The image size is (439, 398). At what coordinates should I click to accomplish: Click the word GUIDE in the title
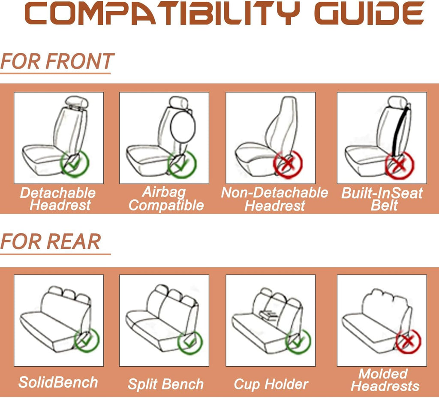pyautogui.click(x=369, y=13)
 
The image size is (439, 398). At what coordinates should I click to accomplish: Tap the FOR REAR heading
pyautogui.click(x=51, y=241)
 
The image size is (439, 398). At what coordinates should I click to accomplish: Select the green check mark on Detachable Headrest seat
pyautogui.click(x=75, y=163)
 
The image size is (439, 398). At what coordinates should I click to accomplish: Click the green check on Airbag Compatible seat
pyautogui.click(x=182, y=164)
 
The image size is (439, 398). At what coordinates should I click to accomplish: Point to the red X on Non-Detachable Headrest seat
pyautogui.click(x=288, y=165)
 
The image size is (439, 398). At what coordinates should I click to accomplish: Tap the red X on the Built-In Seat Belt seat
pyautogui.click(x=399, y=165)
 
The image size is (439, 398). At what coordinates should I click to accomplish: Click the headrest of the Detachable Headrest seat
pyautogui.click(x=76, y=102)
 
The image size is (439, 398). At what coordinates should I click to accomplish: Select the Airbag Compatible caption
pyautogui.click(x=166, y=199)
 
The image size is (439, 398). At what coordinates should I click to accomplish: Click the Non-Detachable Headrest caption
pyautogui.click(x=274, y=199)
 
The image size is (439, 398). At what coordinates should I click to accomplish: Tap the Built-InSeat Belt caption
pyautogui.click(x=382, y=199)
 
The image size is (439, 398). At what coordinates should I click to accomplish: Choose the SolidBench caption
pyautogui.click(x=58, y=382)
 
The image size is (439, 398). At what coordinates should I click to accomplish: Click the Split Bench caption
pyautogui.click(x=165, y=384)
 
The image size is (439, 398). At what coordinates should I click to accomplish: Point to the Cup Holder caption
pyautogui.click(x=271, y=384)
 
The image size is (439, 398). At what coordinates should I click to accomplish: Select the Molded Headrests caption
pyautogui.click(x=385, y=380)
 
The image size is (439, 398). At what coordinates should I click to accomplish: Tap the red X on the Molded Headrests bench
pyautogui.click(x=408, y=341)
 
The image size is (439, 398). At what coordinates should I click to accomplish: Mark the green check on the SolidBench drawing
pyautogui.click(x=87, y=340)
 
